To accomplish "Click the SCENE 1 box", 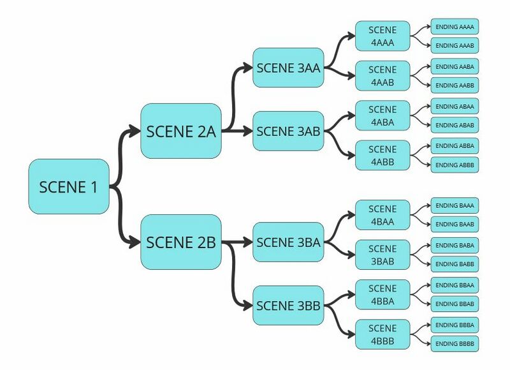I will [69, 186].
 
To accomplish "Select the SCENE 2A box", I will [181, 131].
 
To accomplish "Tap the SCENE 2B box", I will [181, 242].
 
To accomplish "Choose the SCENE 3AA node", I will [288, 68].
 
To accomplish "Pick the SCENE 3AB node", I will [288, 131].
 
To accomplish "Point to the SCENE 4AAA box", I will [382, 36].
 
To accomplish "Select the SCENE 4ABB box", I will [382, 156].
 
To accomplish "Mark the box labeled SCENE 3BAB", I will [382, 255].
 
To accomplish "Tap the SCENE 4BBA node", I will [382, 295].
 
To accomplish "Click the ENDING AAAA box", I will [455, 26].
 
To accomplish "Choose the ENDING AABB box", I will [455, 85].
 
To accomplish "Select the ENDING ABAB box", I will [455, 125].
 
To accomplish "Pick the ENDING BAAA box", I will [455, 205].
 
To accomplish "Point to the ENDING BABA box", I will [455, 245].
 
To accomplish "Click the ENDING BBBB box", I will [455, 344].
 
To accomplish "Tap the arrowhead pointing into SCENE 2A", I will [135, 131].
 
